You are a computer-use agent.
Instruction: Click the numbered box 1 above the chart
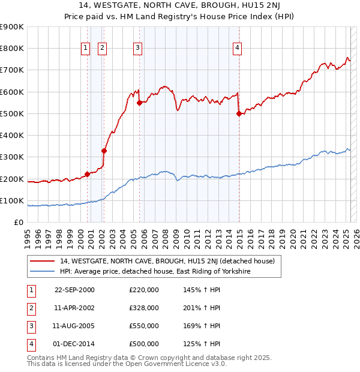point(85,49)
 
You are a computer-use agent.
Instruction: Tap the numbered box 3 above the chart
point(138,49)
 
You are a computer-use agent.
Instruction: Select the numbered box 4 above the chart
point(238,49)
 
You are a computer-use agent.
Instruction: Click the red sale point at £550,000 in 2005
point(139,103)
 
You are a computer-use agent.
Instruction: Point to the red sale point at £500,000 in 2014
point(239,113)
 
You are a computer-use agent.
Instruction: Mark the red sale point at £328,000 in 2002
point(104,151)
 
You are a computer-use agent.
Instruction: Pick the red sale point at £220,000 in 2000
point(87,174)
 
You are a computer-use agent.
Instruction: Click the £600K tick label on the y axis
point(12,92)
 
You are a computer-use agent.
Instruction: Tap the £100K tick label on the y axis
point(12,200)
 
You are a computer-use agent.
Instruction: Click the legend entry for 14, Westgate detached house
point(167,261)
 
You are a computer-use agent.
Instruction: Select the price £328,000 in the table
point(144,308)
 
